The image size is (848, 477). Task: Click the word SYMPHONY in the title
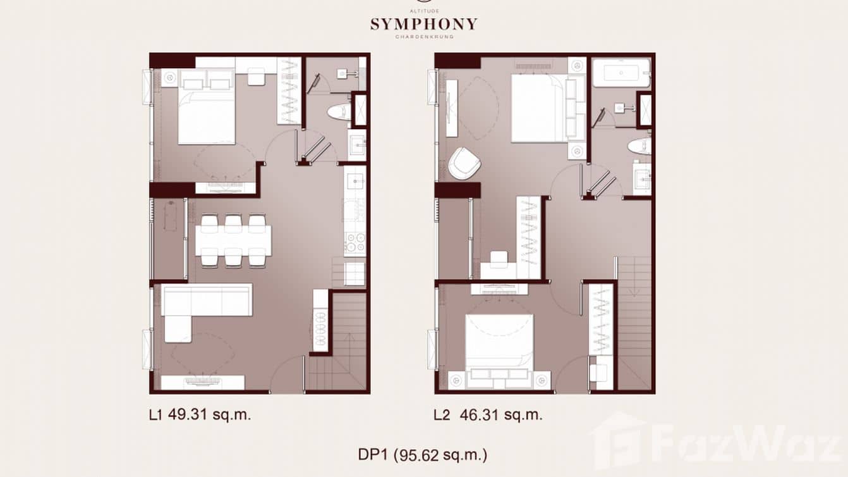pyautogui.click(x=423, y=25)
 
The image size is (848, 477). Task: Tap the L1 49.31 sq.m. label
pyautogui.click(x=200, y=415)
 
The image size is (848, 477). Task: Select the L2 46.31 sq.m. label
pyautogui.click(x=487, y=415)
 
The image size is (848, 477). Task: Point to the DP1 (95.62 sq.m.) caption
pyautogui.click(x=423, y=454)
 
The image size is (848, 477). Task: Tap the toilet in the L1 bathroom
pyautogui.click(x=338, y=112)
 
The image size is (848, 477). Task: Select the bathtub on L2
pyautogui.click(x=621, y=73)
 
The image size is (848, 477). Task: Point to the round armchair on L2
pyautogui.click(x=464, y=163)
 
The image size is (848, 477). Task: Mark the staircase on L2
pyautogui.click(x=634, y=323)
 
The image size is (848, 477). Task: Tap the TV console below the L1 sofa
pyautogui.click(x=202, y=382)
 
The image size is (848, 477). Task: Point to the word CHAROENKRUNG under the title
pyautogui.click(x=424, y=37)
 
